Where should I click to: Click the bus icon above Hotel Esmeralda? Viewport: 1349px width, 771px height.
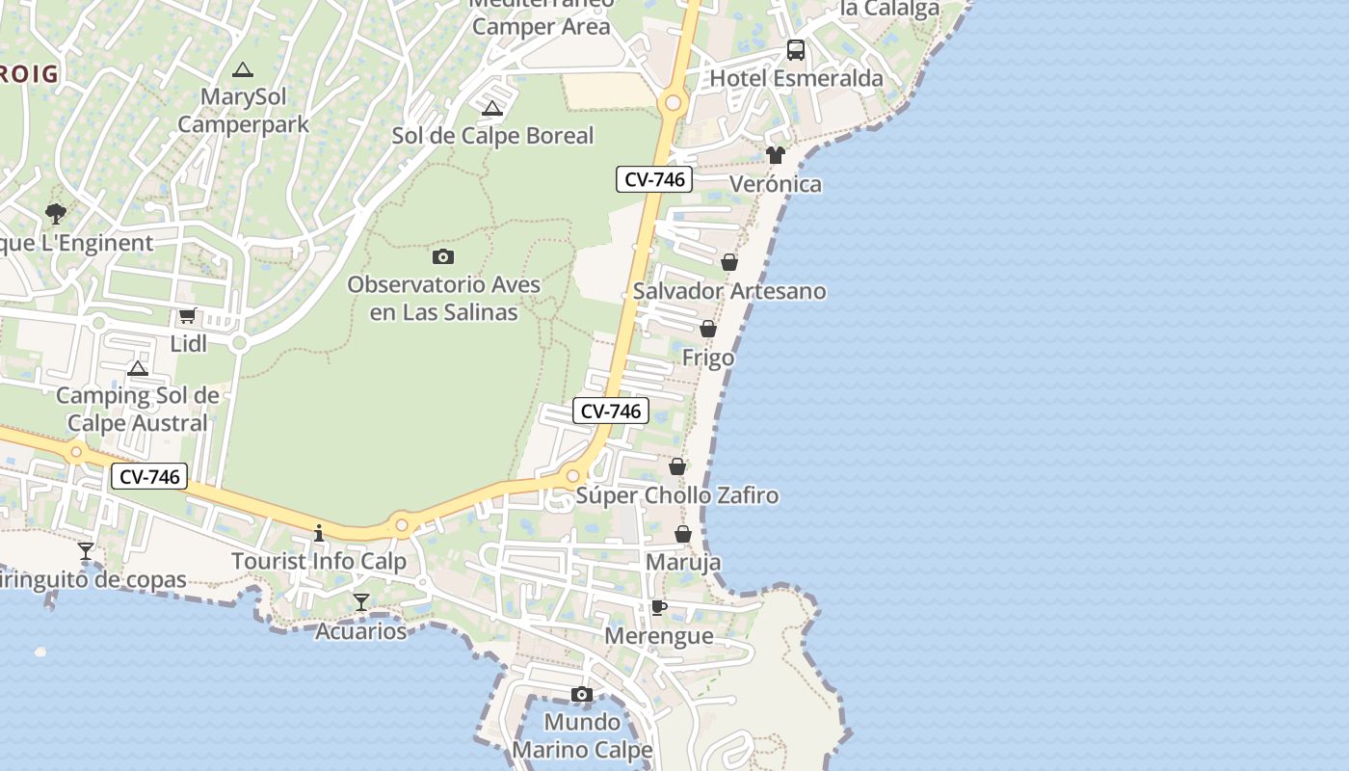pyautogui.click(x=796, y=50)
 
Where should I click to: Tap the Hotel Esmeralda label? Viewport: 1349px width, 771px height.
pyautogui.click(x=796, y=78)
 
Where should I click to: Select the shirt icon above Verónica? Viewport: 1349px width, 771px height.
pyautogui.click(x=776, y=155)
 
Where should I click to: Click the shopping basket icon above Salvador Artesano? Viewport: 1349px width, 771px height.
pyautogui.click(x=729, y=262)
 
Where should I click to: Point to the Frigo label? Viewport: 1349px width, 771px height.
pyautogui.click(x=708, y=358)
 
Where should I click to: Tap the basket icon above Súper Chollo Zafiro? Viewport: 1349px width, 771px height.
pyautogui.click(x=677, y=466)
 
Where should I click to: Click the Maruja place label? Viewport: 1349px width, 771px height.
pyautogui.click(x=683, y=562)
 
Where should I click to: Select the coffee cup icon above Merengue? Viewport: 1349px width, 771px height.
pyautogui.click(x=659, y=607)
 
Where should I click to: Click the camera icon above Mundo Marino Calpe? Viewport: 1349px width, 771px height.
pyautogui.click(x=581, y=695)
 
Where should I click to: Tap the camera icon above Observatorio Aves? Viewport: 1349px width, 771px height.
pyautogui.click(x=443, y=256)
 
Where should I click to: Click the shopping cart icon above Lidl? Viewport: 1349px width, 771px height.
pyautogui.click(x=188, y=315)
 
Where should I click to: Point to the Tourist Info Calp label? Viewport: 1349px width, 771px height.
pyautogui.click(x=319, y=561)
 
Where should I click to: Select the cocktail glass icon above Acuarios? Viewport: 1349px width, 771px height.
pyautogui.click(x=361, y=602)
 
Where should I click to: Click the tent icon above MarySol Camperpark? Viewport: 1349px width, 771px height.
pyautogui.click(x=243, y=69)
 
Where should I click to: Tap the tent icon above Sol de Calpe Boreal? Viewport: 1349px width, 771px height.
pyautogui.click(x=492, y=108)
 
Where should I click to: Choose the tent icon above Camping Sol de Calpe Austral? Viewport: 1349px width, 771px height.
pyautogui.click(x=138, y=368)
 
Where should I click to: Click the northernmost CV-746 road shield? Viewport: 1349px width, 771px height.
pyautogui.click(x=654, y=178)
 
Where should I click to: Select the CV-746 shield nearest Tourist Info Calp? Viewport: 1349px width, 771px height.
pyautogui.click(x=148, y=476)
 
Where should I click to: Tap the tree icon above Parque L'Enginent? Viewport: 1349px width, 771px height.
pyautogui.click(x=56, y=214)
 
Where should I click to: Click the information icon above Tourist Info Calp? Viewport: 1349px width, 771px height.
pyautogui.click(x=319, y=533)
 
